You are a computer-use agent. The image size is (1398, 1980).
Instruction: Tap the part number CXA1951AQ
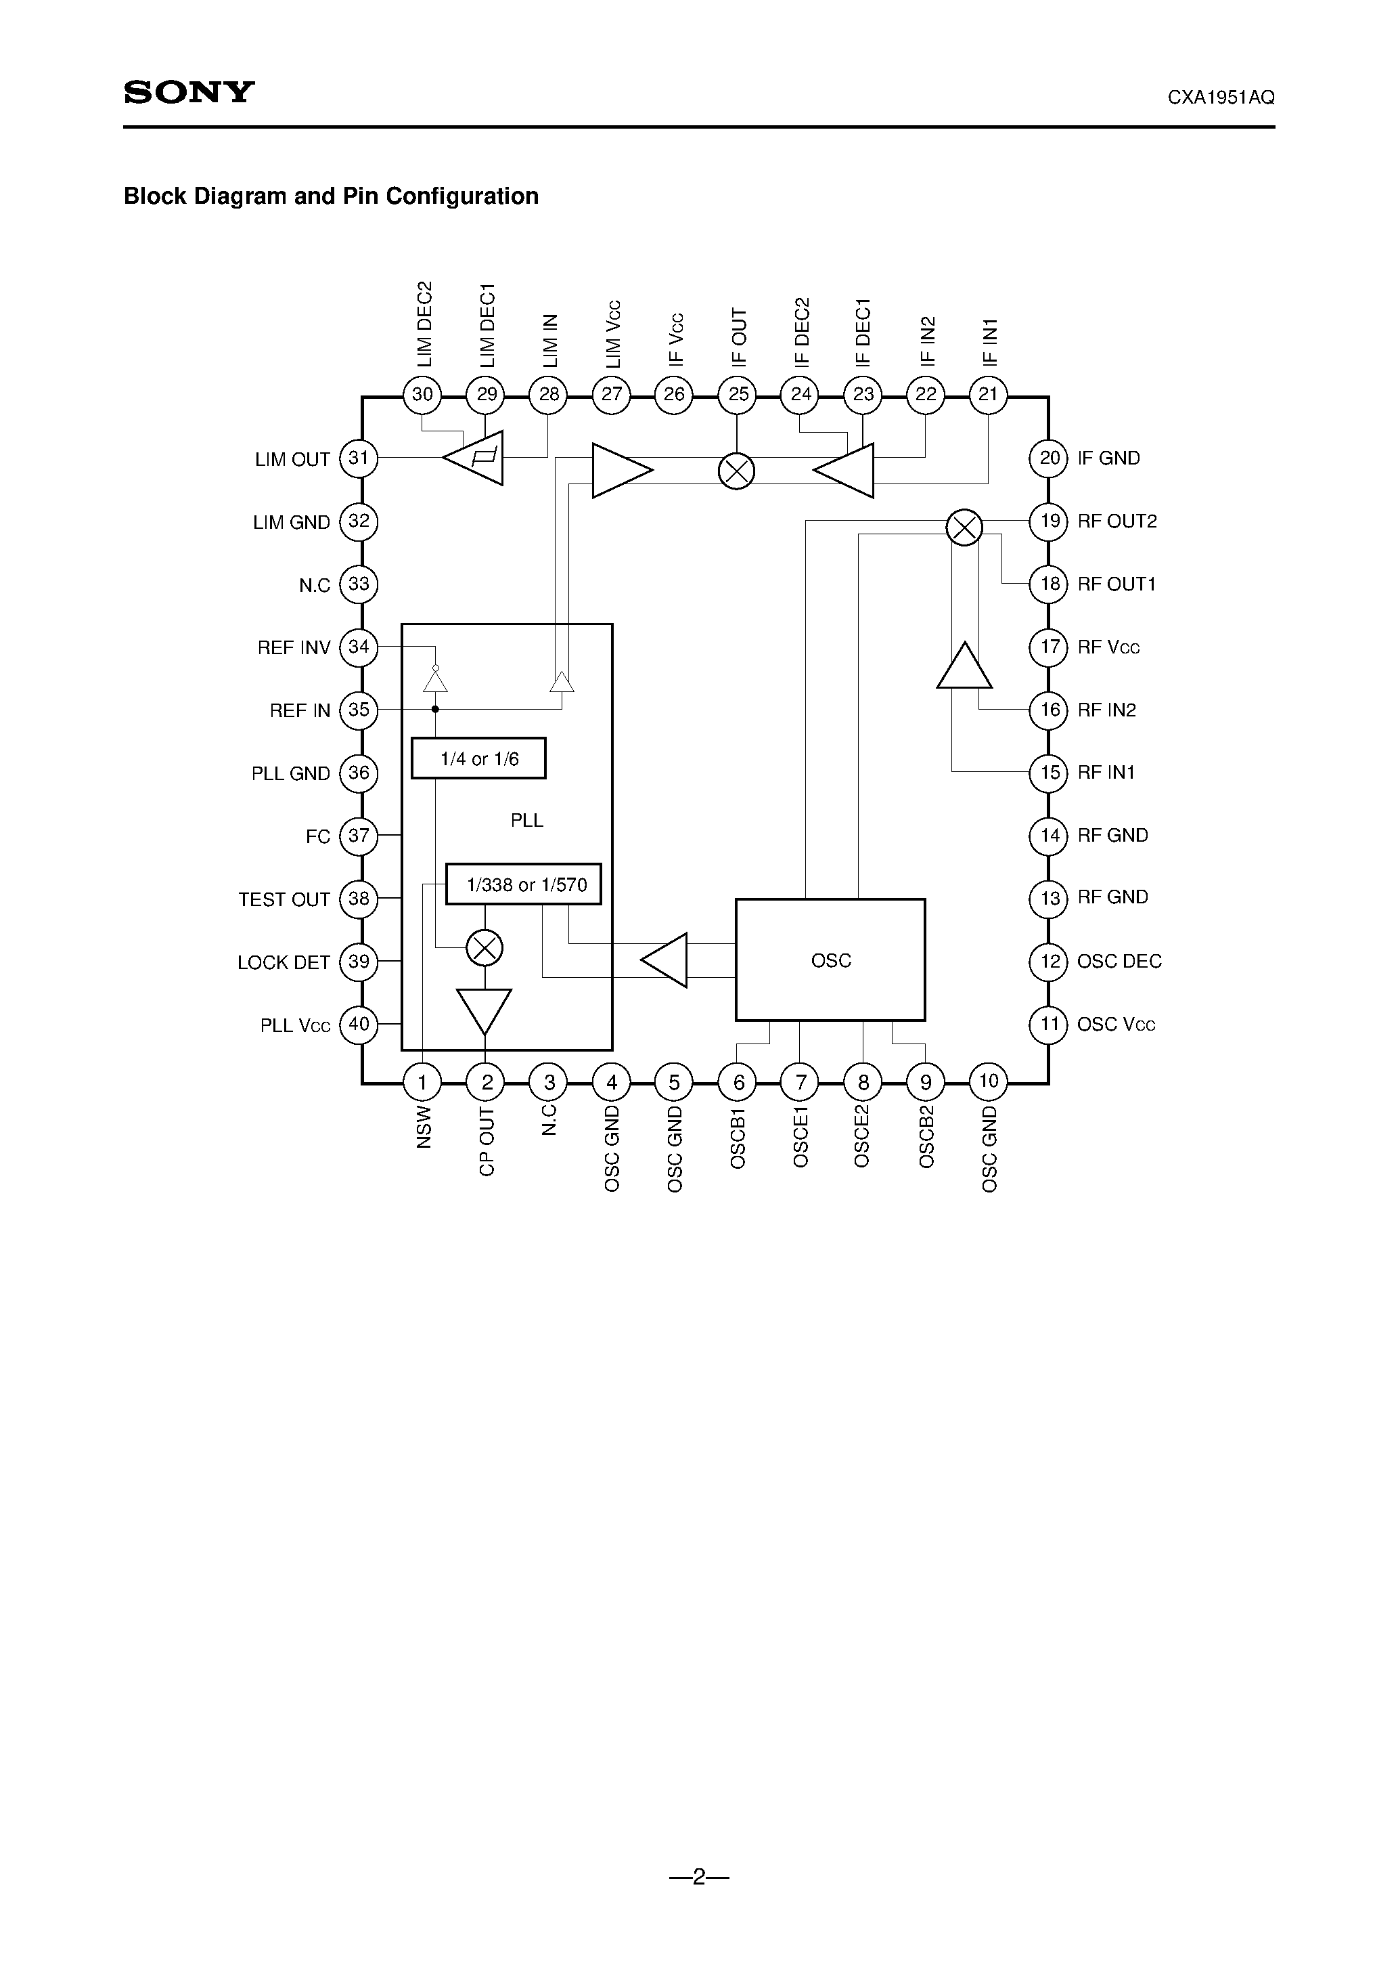click(x=1221, y=98)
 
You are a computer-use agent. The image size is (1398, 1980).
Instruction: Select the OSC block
click(x=830, y=960)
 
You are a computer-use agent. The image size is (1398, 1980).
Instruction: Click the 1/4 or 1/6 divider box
click(x=478, y=759)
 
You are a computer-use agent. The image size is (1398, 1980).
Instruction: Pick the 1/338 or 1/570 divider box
click(x=523, y=885)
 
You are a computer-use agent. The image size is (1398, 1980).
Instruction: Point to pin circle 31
click(x=359, y=458)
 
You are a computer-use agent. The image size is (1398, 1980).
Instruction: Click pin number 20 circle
click(x=1049, y=458)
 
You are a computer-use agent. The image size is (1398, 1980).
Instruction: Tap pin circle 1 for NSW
click(x=422, y=1082)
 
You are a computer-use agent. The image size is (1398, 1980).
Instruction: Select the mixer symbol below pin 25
click(x=736, y=471)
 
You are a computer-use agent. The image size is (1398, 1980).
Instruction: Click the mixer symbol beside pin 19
click(x=964, y=527)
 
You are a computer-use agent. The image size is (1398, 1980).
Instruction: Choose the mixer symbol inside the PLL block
click(x=484, y=949)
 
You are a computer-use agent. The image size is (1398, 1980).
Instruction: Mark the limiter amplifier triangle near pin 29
click(x=475, y=457)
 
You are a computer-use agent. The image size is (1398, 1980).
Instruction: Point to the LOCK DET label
click(x=284, y=962)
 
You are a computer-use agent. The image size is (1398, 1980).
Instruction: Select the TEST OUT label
click(x=284, y=899)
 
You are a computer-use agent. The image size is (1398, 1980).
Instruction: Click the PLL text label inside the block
click(x=526, y=820)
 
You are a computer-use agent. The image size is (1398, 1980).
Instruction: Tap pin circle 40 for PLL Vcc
click(x=359, y=1025)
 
